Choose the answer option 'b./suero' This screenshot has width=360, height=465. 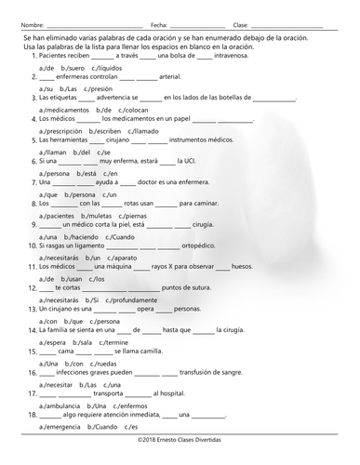point(73,69)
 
